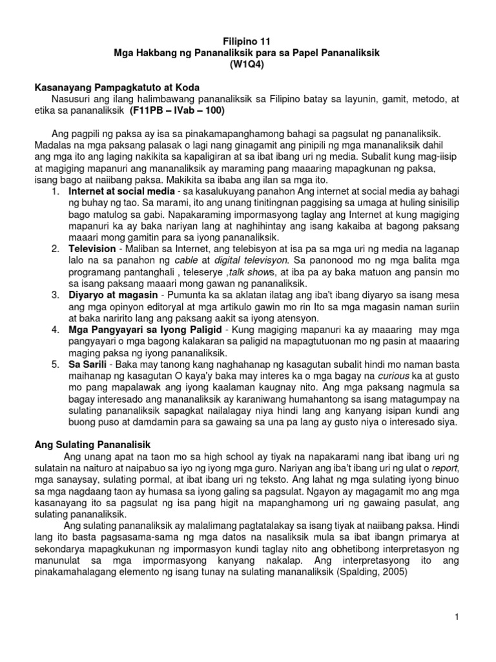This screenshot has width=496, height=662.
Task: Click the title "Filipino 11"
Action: click(247, 40)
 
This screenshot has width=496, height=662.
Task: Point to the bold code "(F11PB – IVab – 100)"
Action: click(177, 111)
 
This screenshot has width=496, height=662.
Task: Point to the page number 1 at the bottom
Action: click(456, 617)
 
